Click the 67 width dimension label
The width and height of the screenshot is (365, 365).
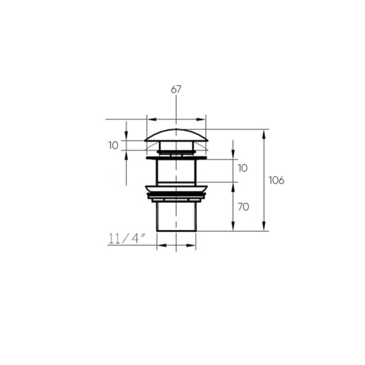(x=176, y=89)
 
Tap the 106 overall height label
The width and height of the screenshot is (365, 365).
(x=276, y=180)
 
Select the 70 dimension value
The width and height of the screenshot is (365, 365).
(x=243, y=207)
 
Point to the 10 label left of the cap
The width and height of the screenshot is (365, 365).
(x=113, y=146)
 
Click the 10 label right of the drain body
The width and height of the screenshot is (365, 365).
(x=243, y=168)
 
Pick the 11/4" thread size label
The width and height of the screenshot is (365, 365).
(x=127, y=239)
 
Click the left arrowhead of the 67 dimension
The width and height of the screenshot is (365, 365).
(x=152, y=120)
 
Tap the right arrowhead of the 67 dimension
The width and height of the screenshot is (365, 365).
(x=201, y=120)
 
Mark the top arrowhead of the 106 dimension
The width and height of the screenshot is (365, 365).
(x=264, y=134)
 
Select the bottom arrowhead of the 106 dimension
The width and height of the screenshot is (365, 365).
(x=264, y=226)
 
